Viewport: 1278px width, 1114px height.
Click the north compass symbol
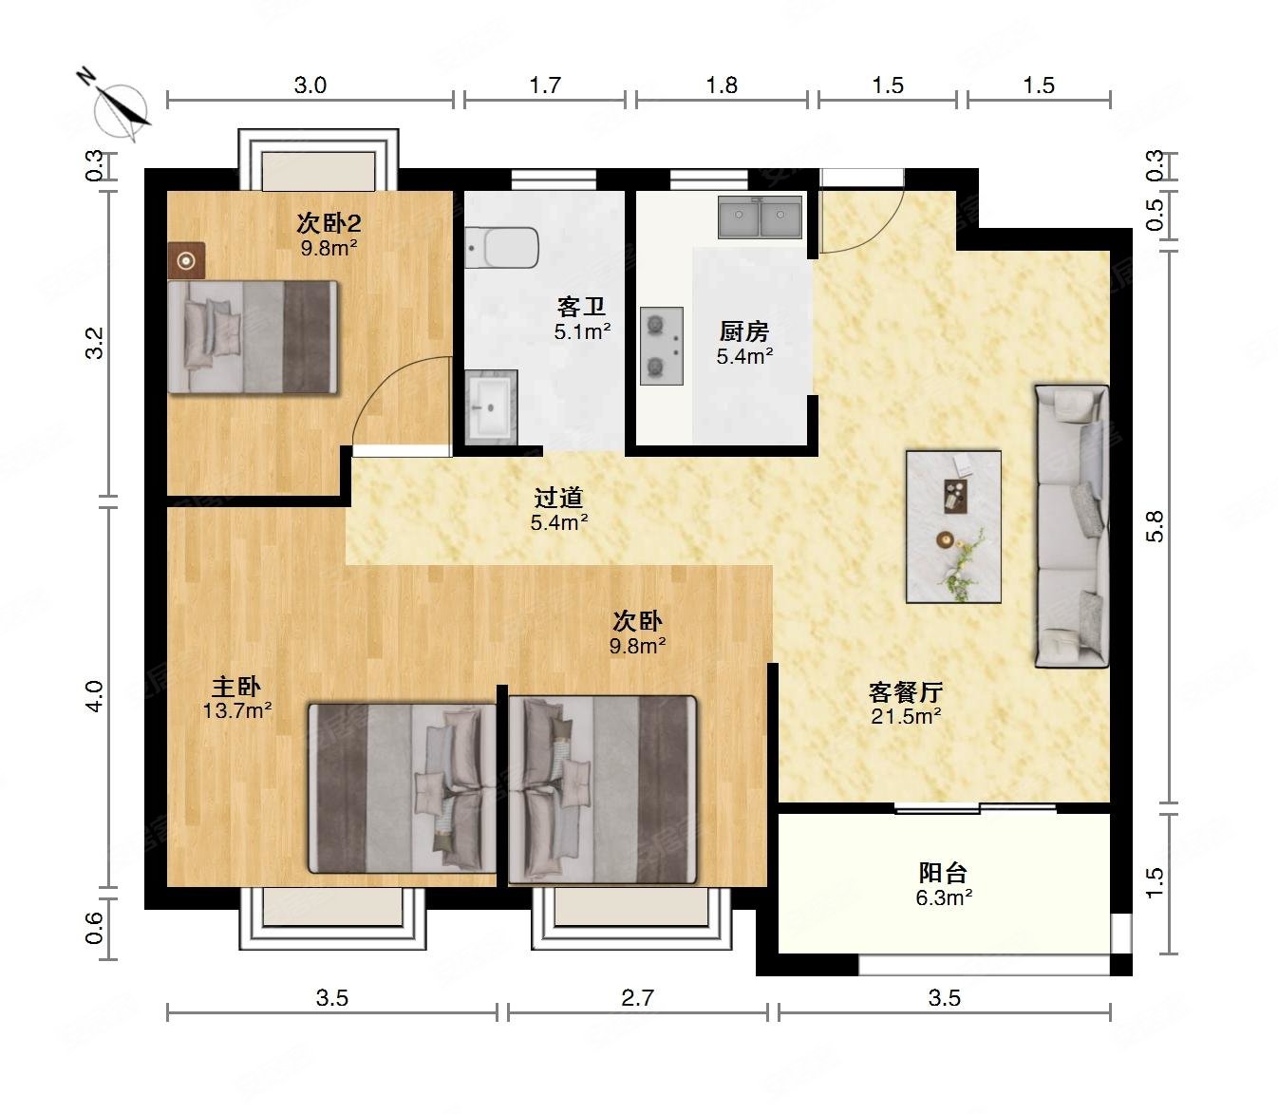(119, 108)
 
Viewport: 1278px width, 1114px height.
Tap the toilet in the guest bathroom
(502, 248)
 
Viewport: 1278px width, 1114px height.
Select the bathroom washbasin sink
(491, 406)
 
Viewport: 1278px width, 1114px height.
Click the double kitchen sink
(760, 217)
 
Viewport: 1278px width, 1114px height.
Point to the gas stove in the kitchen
(662, 346)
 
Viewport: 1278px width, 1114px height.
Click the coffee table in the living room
(954, 527)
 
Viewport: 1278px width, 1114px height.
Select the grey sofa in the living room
(1072, 526)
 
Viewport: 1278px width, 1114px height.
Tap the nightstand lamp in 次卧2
(186, 260)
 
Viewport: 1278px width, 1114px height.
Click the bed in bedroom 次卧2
(253, 337)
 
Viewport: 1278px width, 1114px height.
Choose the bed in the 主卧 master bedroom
(403, 788)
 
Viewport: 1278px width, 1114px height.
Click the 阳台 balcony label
(943, 872)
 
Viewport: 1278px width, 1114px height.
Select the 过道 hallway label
(558, 498)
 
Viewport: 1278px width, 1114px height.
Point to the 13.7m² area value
(236, 711)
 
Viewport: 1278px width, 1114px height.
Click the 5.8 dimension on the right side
(1156, 526)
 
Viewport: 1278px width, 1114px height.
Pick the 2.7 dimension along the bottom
(638, 998)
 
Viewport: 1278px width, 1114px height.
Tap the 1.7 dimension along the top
(545, 85)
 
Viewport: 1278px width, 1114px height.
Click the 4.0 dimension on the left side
(94, 696)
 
